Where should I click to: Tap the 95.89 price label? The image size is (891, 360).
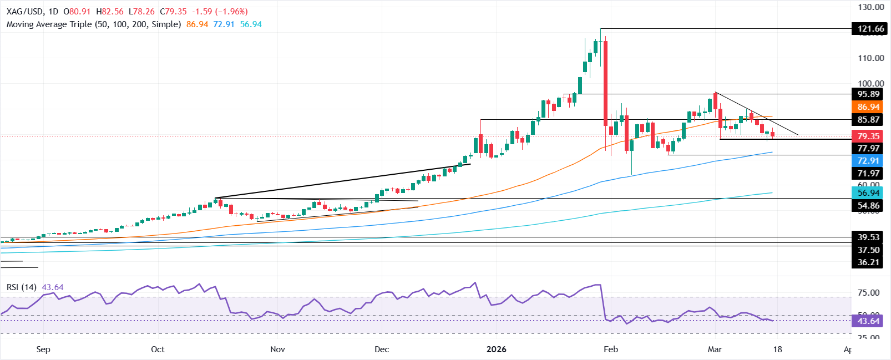[868, 94]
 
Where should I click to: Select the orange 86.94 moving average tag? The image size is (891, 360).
[868, 107]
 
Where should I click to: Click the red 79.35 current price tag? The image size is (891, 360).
[868, 136]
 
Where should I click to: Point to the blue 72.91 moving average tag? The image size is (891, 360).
[868, 161]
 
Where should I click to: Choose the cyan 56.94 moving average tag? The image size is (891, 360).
[868, 193]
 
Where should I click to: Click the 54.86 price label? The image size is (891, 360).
[868, 205]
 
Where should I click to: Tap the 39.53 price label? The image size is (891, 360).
[868, 237]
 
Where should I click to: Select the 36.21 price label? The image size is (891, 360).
[868, 262]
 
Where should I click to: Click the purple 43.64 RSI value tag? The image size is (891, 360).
[868, 321]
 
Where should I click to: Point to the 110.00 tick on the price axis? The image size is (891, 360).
[870, 58]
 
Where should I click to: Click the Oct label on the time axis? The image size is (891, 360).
[158, 349]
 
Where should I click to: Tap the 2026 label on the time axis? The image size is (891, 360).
[496, 349]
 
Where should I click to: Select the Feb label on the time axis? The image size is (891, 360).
[610, 349]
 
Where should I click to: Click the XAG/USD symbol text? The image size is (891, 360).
[26, 12]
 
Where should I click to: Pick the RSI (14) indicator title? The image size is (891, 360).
[22, 287]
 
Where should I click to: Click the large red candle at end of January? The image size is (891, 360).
[605, 83]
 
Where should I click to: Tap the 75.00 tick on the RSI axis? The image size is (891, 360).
[868, 293]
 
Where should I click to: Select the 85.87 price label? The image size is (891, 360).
[868, 120]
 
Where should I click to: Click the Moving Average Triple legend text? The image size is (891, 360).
[94, 24]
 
